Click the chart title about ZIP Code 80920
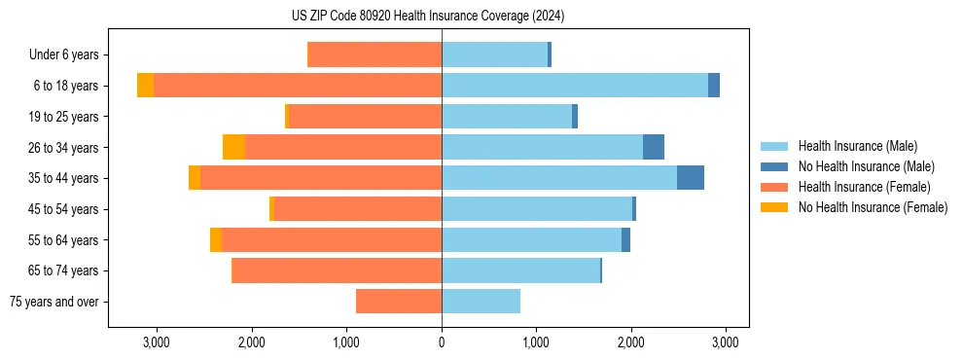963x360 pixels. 442,17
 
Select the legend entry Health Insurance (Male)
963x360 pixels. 857,146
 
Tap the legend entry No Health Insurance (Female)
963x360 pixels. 873,207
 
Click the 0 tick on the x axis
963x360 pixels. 442,342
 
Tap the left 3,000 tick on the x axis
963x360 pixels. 157,342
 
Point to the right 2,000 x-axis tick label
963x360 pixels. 630,342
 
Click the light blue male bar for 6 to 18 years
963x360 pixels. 574,86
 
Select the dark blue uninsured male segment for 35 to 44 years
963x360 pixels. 690,178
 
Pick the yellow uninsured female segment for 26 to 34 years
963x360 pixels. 233,147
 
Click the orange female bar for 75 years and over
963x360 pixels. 399,302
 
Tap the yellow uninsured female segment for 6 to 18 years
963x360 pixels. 145,86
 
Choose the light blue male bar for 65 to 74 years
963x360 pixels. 520,270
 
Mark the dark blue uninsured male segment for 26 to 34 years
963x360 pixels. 654,147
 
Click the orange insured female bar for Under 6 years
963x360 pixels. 374,55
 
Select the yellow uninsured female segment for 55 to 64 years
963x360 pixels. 216,240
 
